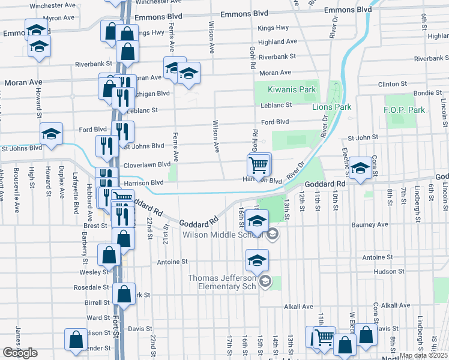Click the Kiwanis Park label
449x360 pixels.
[x=285, y=89]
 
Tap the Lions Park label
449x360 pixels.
[x=331, y=107]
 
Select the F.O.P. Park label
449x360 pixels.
[x=404, y=110]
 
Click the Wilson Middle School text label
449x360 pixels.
[x=224, y=234]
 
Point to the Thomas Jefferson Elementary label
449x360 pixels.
[x=223, y=282]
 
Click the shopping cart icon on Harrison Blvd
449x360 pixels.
[x=259, y=164]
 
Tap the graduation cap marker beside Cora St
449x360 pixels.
[x=361, y=169]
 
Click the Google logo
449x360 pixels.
[x=20, y=353]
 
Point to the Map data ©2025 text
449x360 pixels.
[x=424, y=355]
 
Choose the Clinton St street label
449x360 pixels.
[x=393, y=84]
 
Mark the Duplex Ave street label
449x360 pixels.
[x=62, y=182]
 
